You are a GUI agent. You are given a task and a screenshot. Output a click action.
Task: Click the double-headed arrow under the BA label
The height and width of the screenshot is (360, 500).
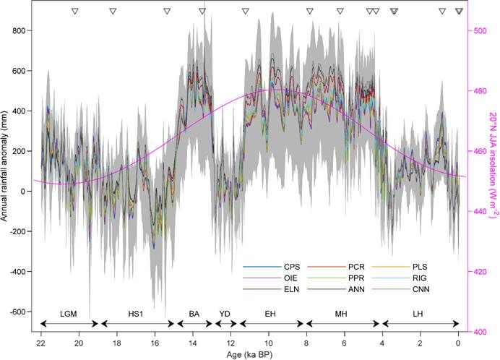[194, 324]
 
